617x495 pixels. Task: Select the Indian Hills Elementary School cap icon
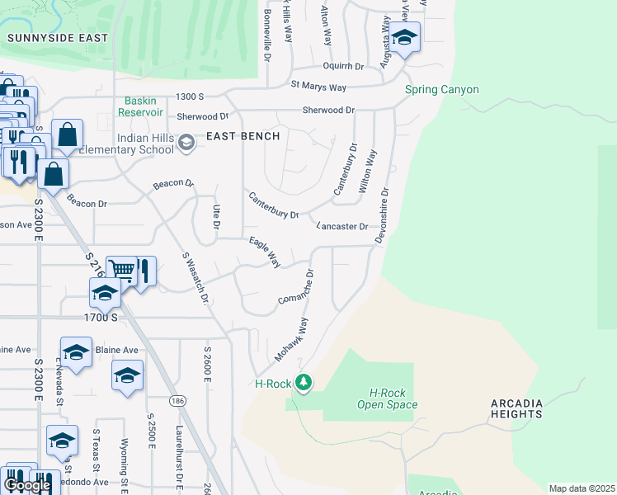(x=186, y=144)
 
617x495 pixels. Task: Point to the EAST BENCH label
(x=243, y=136)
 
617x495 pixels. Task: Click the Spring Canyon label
(x=441, y=90)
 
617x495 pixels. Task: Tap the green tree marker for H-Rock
(x=304, y=382)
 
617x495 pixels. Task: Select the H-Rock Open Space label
(x=387, y=398)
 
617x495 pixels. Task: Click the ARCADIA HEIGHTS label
(x=540, y=408)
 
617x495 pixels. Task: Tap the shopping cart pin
(x=121, y=269)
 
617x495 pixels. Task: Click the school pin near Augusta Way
(x=404, y=37)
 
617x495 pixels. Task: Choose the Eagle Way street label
(x=266, y=251)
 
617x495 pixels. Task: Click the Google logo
(x=28, y=485)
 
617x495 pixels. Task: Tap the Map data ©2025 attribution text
(x=582, y=488)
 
